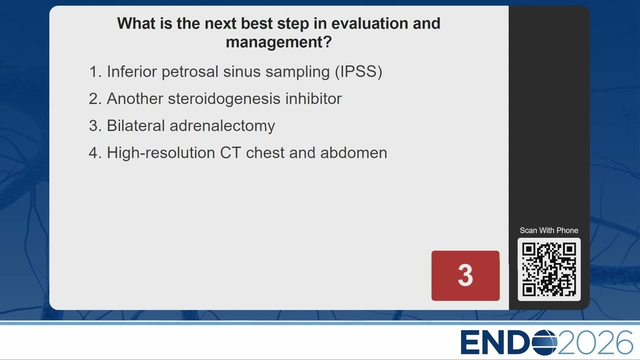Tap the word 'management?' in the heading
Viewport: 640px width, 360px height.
pyautogui.click(x=278, y=42)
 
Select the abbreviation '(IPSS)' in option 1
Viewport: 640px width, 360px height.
pyautogui.click(x=358, y=71)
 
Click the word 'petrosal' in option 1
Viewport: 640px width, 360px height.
pyautogui.click(x=190, y=71)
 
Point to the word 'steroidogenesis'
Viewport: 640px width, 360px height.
pyautogui.click(x=224, y=99)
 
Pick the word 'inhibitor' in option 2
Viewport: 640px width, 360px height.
pyautogui.click(x=313, y=98)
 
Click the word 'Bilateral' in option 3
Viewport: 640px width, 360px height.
pyautogui.click(x=135, y=125)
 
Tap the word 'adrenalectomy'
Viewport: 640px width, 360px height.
pyautogui.click(x=222, y=126)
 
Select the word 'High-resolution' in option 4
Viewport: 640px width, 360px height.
pyautogui.click(x=161, y=153)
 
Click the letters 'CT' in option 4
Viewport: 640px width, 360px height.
pyautogui.click(x=230, y=153)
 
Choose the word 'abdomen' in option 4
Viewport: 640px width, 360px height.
pyautogui.click(x=353, y=153)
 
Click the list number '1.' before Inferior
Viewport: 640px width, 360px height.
pyautogui.click(x=95, y=71)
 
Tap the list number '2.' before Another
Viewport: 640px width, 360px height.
pyautogui.click(x=95, y=99)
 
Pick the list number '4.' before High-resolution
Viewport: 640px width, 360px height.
pyautogui.click(x=95, y=153)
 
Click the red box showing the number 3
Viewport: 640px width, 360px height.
pyautogui.click(x=465, y=275)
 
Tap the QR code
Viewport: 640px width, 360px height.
pyautogui.click(x=549, y=269)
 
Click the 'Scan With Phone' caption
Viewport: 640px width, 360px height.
pyautogui.click(x=549, y=230)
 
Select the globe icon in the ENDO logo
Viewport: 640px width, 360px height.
pyautogui.click(x=544, y=342)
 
